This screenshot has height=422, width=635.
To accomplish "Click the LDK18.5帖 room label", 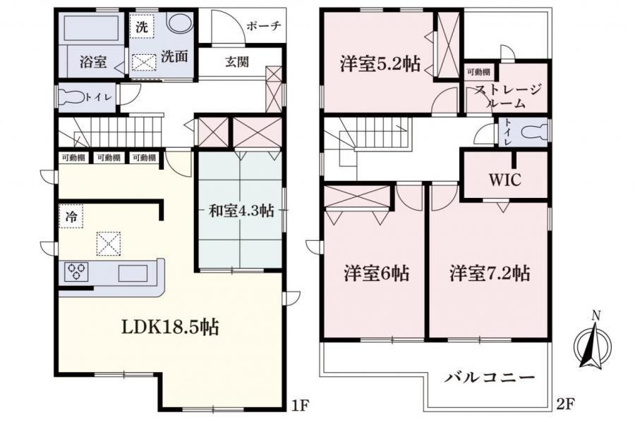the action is [x=170, y=327].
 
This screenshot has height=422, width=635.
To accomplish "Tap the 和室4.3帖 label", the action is [x=241, y=211].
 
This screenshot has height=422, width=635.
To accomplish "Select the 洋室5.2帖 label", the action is [x=380, y=64].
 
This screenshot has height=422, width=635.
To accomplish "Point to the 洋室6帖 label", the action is [x=376, y=273].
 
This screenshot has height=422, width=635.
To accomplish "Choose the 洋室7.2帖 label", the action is [x=490, y=273].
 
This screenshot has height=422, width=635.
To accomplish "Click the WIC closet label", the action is [x=504, y=180].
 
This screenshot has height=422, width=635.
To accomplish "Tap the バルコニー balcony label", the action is [x=490, y=378].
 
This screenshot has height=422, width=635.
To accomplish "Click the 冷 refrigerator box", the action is [x=71, y=216].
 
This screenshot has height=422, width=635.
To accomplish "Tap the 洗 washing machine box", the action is [x=142, y=26].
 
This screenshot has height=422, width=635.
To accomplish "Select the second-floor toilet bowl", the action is [x=534, y=132].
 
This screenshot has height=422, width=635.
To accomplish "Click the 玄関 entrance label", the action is [x=237, y=62].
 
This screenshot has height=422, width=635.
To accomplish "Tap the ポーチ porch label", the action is [x=264, y=26].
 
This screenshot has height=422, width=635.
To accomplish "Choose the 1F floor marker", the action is [x=300, y=404].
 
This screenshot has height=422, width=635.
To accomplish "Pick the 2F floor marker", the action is [x=565, y=404].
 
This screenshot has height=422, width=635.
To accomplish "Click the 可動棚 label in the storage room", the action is [x=478, y=73].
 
